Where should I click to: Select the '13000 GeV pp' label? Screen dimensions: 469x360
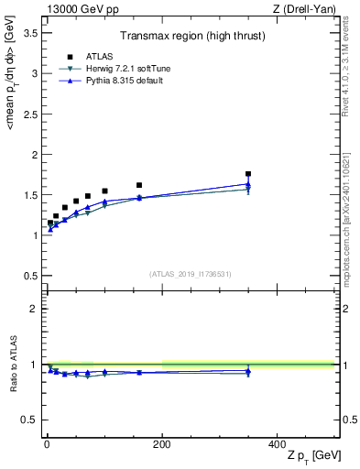pyautogui.click(x=77, y=8)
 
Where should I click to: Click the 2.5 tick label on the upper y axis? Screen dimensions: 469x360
pyautogui.click(x=30, y=114)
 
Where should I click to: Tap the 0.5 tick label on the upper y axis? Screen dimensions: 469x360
pyautogui.click(x=30, y=276)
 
